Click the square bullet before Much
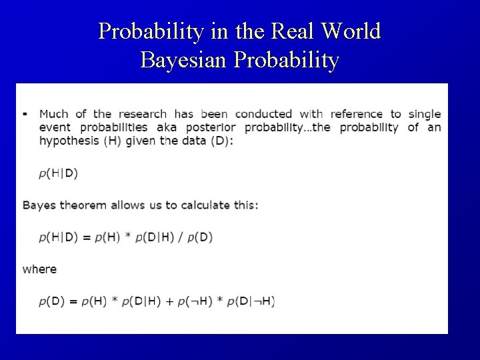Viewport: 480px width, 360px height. [25, 113]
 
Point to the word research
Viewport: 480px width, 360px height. [143, 114]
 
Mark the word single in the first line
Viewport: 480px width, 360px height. [425, 114]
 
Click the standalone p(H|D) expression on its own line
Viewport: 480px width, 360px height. [58, 173]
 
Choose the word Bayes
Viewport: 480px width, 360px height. [39, 205]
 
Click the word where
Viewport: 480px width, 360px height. [39, 269]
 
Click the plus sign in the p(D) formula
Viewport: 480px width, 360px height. [169, 301]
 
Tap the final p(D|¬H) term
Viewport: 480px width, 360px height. [251, 301]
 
